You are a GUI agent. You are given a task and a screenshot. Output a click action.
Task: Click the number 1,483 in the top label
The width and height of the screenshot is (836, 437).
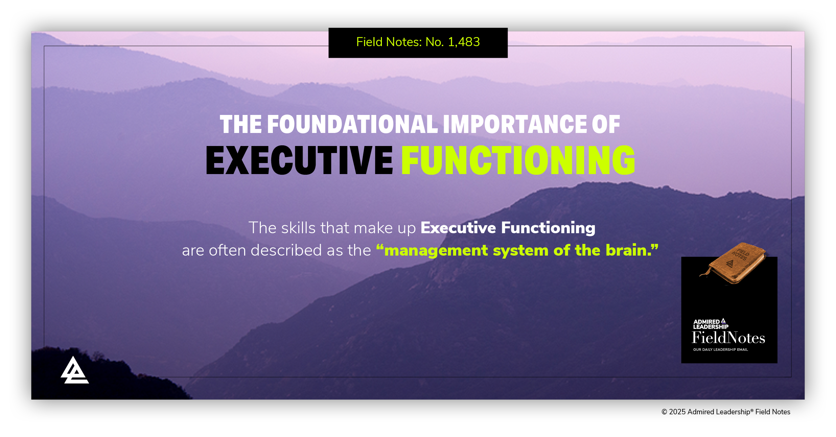pyautogui.click(x=464, y=42)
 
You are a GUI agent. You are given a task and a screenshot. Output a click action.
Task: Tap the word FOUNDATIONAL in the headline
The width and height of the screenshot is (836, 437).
pyautogui.click(x=352, y=125)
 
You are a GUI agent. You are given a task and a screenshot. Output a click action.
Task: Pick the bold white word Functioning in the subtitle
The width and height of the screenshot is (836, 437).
pyautogui.click(x=548, y=228)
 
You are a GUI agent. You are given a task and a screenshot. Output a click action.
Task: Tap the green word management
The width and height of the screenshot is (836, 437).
pyautogui.click(x=436, y=251)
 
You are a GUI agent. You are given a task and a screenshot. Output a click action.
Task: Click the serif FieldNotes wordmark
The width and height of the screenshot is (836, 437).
pyautogui.click(x=728, y=338)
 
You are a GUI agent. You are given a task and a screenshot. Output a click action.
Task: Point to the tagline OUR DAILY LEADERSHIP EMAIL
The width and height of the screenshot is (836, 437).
pyautogui.click(x=720, y=350)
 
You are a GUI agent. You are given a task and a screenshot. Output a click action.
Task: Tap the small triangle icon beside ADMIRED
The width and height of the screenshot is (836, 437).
pyautogui.click(x=723, y=321)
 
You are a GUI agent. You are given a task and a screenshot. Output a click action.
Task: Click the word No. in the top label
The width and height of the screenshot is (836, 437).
pyautogui.click(x=434, y=42)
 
